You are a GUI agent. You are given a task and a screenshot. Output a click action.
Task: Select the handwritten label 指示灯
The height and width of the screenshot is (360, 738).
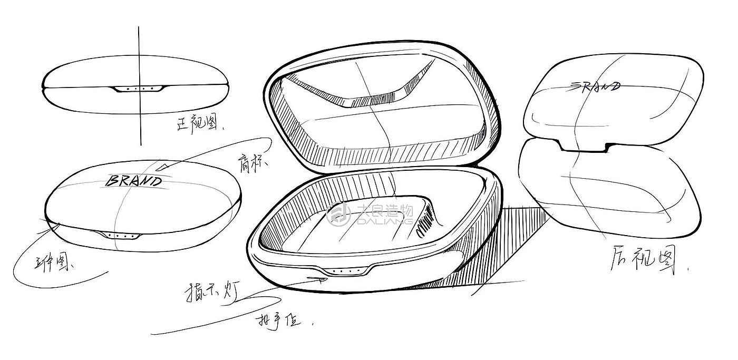click(x=209, y=292)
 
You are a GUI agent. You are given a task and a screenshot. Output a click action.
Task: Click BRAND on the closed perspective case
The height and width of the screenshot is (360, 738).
click(x=134, y=181)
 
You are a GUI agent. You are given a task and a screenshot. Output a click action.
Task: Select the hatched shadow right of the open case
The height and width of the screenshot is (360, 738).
click(x=506, y=237)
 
